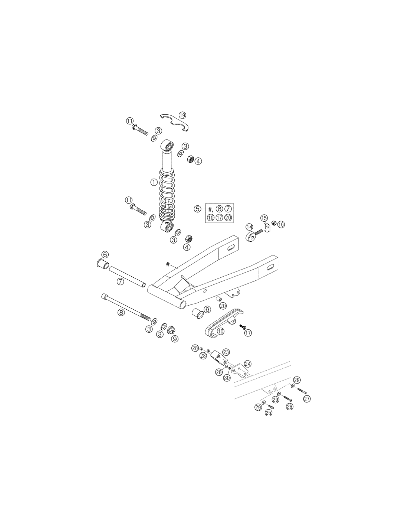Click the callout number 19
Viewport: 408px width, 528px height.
click(182, 115)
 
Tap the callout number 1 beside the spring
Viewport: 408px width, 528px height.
click(154, 182)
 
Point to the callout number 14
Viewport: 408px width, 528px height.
click(249, 227)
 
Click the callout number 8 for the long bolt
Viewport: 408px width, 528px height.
click(121, 313)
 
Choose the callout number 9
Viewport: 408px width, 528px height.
click(174, 339)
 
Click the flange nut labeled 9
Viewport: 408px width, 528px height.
click(171, 330)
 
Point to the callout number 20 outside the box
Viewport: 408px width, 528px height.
click(223, 306)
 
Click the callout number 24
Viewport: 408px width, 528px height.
click(247, 364)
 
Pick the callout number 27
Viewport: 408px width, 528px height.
click(307, 399)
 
